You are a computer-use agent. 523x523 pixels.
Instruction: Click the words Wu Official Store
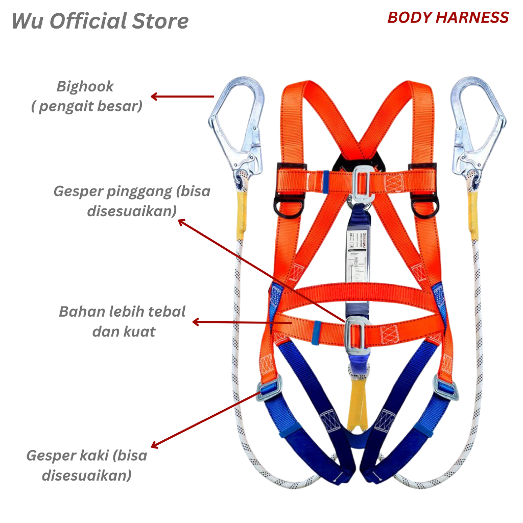100,21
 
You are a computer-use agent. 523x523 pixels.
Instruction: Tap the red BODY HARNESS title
448,17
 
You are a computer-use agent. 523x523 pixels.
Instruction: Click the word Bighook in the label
85,86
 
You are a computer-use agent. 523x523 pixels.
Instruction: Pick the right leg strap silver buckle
445,388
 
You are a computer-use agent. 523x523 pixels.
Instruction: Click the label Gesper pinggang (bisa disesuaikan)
132,201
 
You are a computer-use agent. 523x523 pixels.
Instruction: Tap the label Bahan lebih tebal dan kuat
123,321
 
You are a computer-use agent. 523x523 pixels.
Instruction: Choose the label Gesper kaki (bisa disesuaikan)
87,465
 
